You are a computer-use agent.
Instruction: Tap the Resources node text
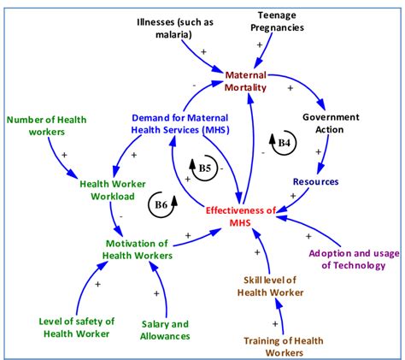tap(315, 182)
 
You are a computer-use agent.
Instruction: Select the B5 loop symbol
tap(201, 168)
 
